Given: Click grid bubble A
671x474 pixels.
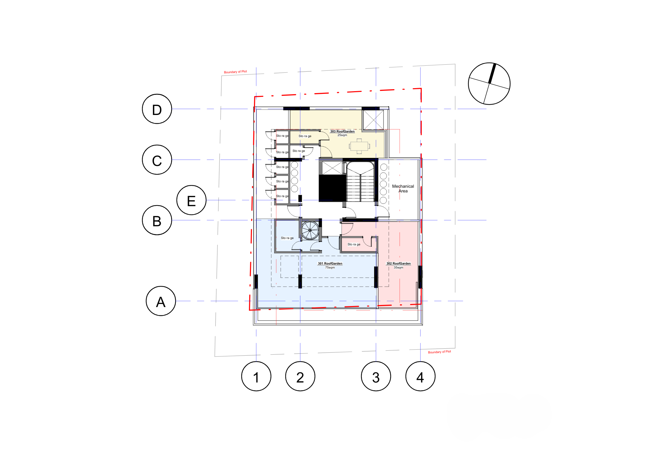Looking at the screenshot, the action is coord(161,301).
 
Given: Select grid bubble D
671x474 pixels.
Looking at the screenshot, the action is coord(157,109).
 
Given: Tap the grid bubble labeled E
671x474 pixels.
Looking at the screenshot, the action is coord(191,200).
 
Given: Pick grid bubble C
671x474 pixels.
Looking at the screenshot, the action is coord(157,160).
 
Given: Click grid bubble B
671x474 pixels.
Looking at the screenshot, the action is coord(157,220).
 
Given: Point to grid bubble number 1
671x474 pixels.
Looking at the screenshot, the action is coord(256,376).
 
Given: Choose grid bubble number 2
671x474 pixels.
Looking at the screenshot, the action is coord(300,376).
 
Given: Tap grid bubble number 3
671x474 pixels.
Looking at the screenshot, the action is coord(376,376).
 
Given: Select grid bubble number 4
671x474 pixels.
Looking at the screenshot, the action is coord(420,376).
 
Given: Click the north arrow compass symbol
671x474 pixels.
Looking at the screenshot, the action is coord(489,83).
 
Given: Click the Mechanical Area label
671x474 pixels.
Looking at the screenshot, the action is coord(403,189).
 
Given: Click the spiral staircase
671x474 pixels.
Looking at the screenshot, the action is coord(310,230).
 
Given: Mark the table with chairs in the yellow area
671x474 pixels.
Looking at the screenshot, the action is coord(359,146).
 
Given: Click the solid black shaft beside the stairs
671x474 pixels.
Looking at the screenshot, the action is coord(332,188).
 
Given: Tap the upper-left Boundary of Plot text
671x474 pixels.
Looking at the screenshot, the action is coord(236,72).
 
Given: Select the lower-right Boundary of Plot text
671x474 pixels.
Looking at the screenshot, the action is coord(440,352).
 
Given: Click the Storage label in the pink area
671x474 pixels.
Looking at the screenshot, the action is coord(354,244).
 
